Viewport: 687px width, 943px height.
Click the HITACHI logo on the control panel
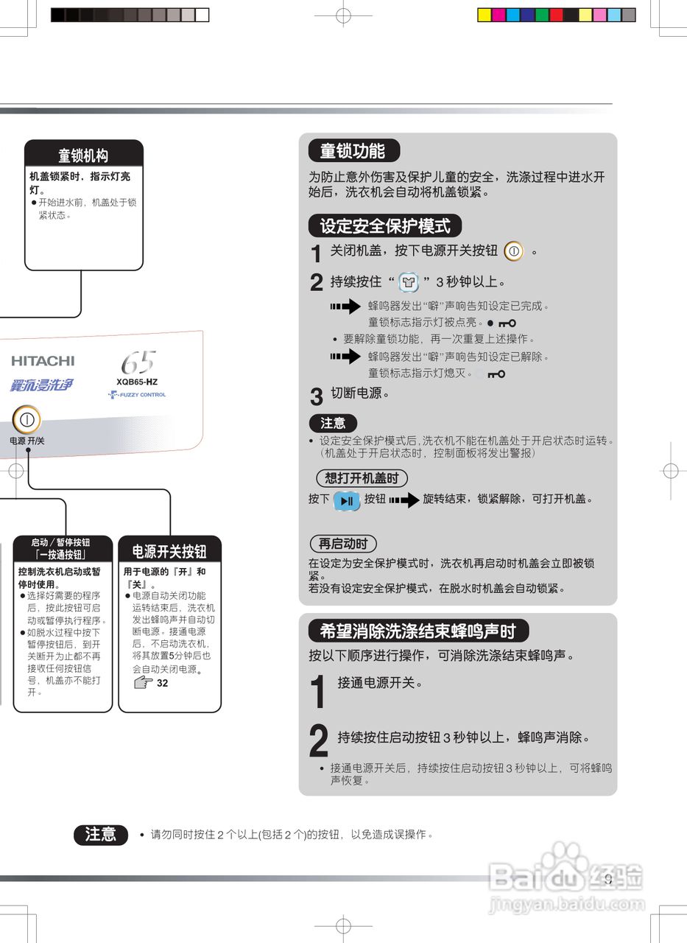click(43, 361)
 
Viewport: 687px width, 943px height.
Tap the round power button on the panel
click(27, 421)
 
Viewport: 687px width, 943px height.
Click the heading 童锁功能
click(353, 151)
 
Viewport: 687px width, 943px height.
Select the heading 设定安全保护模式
click(384, 225)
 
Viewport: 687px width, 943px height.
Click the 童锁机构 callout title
click(83, 155)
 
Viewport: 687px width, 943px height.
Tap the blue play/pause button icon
click(347, 500)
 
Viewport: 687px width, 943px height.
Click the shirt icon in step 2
click(408, 283)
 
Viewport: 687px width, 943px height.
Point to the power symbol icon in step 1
click(514, 251)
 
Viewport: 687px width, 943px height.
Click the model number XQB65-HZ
click(137, 382)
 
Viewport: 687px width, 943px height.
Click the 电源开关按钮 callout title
click(169, 551)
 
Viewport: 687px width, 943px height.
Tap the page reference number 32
click(163, 683)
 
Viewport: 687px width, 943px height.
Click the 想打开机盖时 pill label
click(362, 478)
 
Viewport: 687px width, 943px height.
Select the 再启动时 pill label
click(342, 544)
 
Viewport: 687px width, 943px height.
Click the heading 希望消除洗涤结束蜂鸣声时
click(418, 631)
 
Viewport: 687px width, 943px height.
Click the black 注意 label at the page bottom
click(101, 834)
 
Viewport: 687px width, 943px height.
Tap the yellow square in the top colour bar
click(484, 15)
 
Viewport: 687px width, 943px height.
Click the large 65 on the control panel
click(138, 362)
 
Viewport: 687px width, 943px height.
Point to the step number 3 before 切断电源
click(316, 397)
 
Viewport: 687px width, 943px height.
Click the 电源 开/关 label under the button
click(27, 441)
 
